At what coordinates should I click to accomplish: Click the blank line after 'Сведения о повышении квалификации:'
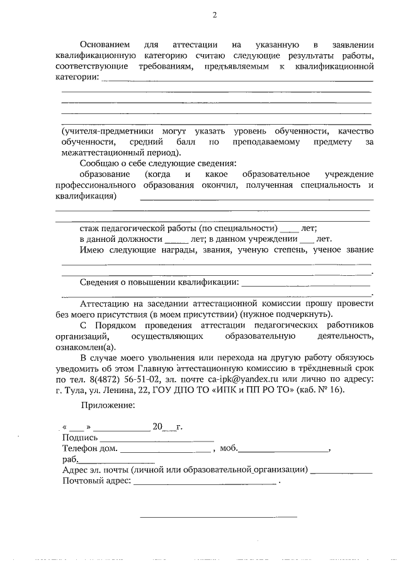[305, 283]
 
